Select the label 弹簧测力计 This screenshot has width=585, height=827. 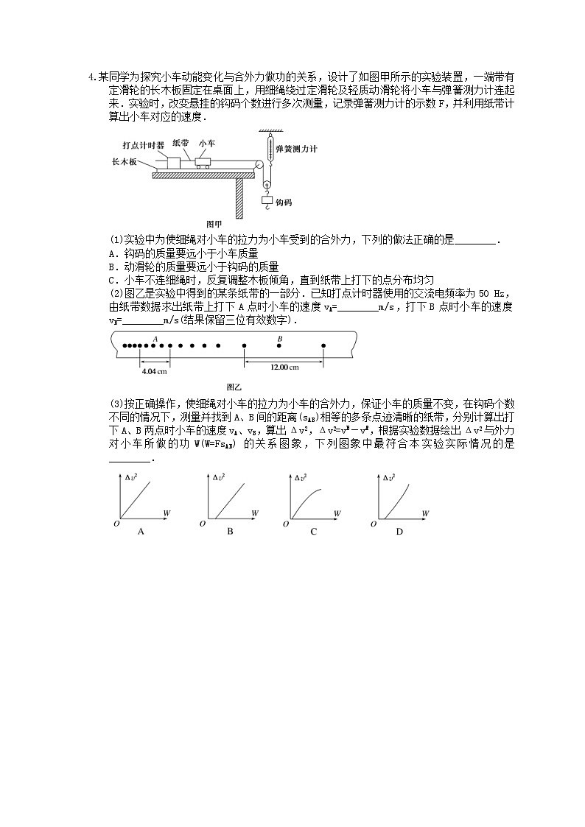(x=295, y=149)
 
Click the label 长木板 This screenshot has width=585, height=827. (x=124, y=161)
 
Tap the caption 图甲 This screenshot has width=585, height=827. (x=214, y=223)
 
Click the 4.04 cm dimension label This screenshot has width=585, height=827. (x=153, y=370)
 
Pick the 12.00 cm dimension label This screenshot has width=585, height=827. (x=284, y=367)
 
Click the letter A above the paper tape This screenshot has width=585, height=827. (x=155, y=338)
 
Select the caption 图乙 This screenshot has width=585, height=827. (x=234, y=387)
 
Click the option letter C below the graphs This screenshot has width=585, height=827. (x=313, y=531)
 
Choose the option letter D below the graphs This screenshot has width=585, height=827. (x=399, y=531)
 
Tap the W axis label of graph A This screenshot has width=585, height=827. (x=167, y=512)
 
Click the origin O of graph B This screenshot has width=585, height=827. (x=203, y=524)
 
